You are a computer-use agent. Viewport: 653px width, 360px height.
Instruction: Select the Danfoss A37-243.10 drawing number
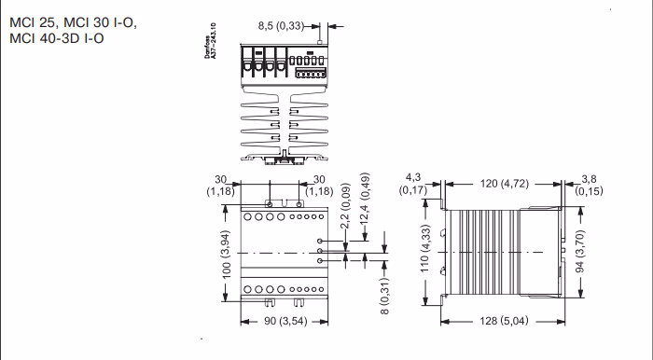coord(210,41)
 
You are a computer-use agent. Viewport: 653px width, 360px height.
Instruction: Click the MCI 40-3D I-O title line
coord(57,38)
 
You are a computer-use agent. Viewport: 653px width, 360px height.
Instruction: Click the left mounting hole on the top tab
coord(270,204)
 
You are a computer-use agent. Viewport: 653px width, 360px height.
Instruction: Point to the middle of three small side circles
coord(320,251)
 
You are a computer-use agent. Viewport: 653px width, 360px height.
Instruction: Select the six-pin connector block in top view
coord(311,74)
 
